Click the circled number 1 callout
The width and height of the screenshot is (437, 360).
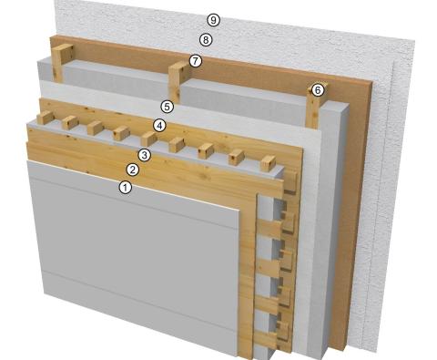click(126, 187)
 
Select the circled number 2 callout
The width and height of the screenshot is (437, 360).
click(132, 170)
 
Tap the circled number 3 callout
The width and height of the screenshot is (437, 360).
click(144, 155)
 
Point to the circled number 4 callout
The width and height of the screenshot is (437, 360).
click(159, 125)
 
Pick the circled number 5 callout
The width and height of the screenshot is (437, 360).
click(166, 107)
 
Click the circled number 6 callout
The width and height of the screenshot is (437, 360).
click(317, 89)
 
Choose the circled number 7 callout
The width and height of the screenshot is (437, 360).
click(195, 60)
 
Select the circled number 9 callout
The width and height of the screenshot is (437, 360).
click(213, 19)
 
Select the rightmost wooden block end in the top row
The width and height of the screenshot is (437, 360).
click(267, 165)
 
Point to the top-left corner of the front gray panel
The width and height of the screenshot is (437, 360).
click(27, 162)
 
